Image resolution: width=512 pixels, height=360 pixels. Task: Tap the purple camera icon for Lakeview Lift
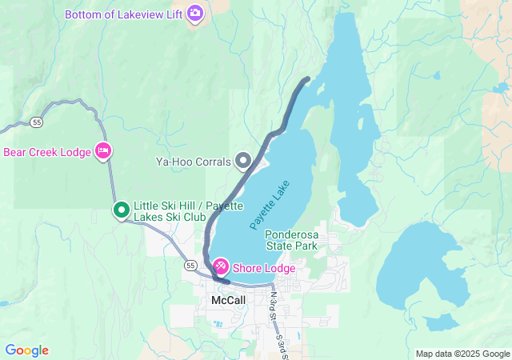(194, 14)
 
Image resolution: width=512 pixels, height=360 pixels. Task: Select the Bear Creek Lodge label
(47, 152)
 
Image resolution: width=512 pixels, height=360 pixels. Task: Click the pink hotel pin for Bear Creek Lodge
(102, 150)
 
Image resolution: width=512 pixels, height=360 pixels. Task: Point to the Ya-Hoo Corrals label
(192, 162)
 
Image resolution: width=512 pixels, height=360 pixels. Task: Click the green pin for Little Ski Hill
(121, 210)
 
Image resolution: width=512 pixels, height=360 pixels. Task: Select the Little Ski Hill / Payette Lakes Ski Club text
(171, 210)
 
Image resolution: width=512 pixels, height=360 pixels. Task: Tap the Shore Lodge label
(263, 268)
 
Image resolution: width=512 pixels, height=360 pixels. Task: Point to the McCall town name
(228, 299)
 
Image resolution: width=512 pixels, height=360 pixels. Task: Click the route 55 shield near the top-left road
(38, 122)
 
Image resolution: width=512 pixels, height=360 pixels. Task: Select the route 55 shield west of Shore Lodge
(189, 265)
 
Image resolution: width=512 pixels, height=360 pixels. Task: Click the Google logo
(27, 350)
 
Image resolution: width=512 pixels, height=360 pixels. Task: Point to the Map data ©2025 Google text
(462, 354)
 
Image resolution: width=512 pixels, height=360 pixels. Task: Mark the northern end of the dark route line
(309, 78)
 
